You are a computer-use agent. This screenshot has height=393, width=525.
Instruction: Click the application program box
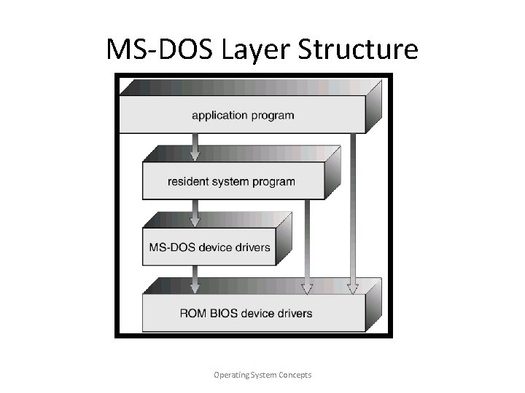coord(242,115)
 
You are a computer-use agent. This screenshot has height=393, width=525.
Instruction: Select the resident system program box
coord(231,181)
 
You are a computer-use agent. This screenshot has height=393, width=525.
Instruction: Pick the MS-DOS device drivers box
coord(209,247)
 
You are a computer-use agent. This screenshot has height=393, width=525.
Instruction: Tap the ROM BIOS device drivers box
coord(246,314)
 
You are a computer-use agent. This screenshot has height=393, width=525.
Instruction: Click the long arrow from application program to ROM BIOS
coord(354,211)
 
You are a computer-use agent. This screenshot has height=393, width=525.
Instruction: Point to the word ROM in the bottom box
coord(192,314)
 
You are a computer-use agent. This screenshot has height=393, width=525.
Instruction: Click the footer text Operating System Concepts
coord(262,375)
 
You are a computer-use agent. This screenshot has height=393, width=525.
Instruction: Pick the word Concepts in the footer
coord(293,375)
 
